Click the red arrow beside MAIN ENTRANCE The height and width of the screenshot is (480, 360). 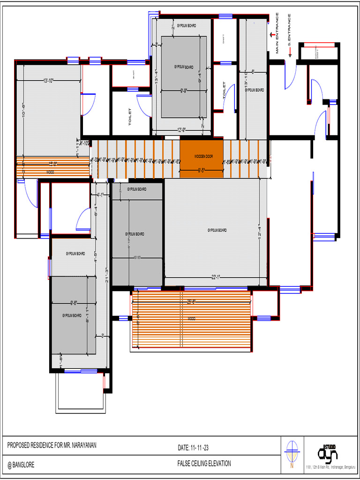[271, 34]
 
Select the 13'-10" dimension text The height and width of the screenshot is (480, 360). [48, 81]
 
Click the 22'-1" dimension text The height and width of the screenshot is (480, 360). [216, 277]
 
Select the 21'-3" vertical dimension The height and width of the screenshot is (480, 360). [107, 275]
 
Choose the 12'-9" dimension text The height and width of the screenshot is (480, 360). [182, 130]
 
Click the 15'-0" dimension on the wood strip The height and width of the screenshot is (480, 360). [53, 164]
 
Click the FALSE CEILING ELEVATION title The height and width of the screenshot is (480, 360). [204, 464]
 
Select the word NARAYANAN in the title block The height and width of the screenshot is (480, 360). [80, 445]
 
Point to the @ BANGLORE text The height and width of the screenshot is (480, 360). [21, 465]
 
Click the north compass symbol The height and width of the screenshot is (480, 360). [292, 451]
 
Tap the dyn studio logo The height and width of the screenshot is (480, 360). [328, 452]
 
